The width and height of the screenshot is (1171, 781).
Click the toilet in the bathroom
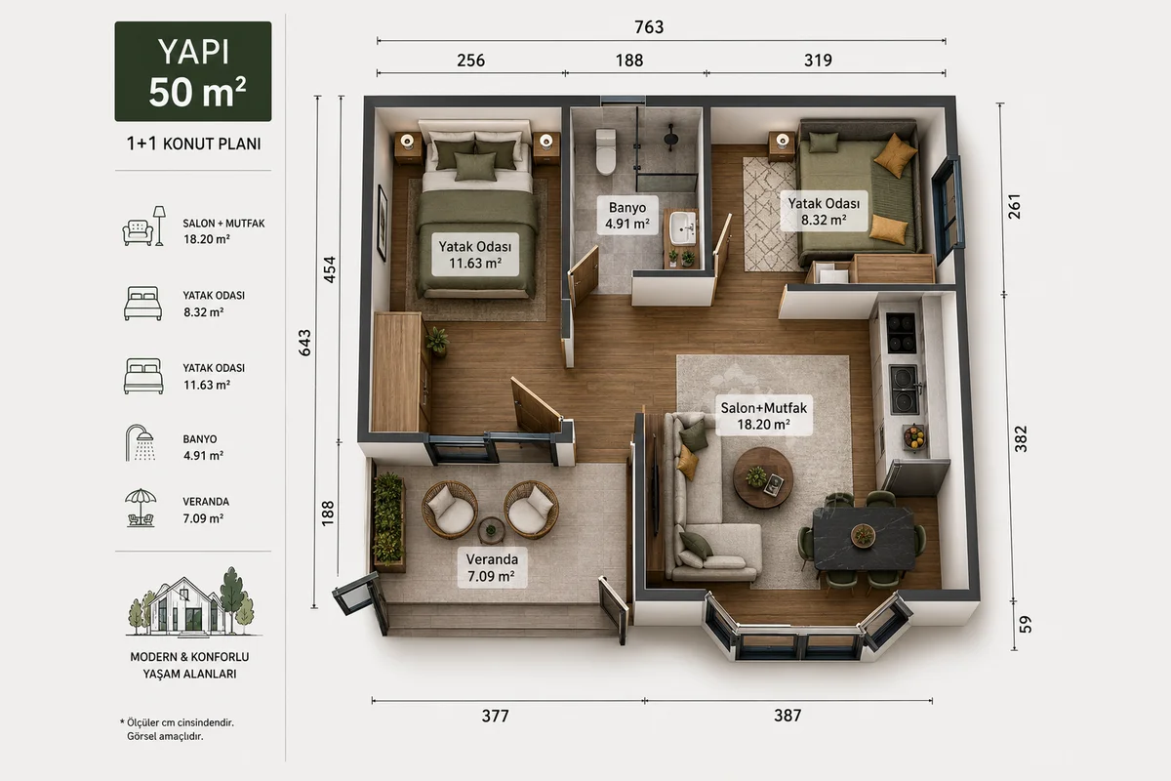[606, 151]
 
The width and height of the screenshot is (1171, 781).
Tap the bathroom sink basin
[683, 228]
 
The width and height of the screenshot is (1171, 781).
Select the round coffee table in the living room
[763, 477]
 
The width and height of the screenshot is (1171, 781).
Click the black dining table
[865, 538]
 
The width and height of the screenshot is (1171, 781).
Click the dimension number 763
[649, 27]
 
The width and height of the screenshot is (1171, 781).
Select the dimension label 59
[1026, 624]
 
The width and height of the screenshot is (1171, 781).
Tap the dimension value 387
[787, 715]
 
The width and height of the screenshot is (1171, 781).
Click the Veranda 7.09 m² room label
[492, 567]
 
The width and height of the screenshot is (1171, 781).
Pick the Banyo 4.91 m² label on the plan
[627, 216]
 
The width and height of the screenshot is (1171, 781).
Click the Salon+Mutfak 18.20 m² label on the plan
[764, 415]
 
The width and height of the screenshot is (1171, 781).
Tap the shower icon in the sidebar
[141, 442]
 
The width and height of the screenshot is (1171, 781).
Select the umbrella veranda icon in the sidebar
[141, 507]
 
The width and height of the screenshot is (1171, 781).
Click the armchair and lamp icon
[143, 226]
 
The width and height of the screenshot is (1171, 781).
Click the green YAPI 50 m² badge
[193, 71]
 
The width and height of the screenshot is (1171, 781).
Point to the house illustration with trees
[192, 601]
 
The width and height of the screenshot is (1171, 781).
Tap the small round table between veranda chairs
[491, 530]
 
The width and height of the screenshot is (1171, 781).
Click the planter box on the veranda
[389, 521]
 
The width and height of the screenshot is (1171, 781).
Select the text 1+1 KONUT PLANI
[193, 144]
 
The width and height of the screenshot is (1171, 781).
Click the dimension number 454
[329, 269]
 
